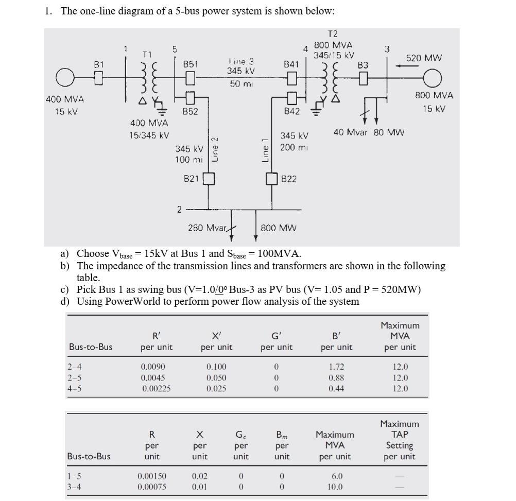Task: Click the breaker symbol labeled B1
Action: [x=99, y=79]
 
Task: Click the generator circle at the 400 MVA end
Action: [x=65, y=79]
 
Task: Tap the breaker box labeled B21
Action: [x=209, y=179]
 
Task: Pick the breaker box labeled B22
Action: [x=272, y=179]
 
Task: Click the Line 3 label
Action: [x=241, y=61]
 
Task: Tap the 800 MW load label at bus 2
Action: [x=279, y=228]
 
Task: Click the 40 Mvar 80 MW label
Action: [x=369, y=132]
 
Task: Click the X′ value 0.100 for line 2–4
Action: [x=216, y=367]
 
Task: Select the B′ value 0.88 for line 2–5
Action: [x=336, y=377]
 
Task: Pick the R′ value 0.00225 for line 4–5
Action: [x=157, y=388]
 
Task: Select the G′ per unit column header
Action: [x=277, y=341]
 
